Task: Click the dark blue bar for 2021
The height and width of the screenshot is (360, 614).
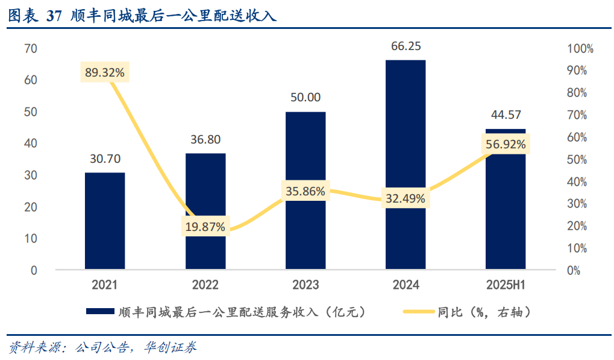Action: (x=105, y=221)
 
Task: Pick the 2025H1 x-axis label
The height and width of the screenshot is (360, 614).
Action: (x=506, y=285)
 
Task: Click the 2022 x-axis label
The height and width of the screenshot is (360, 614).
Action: (x=205, y=285)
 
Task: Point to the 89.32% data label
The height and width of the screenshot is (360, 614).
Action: (x=105, y=72)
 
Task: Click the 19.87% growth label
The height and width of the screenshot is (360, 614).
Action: (x=205, y=227)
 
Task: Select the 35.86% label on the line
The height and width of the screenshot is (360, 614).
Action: (x=305, y=192)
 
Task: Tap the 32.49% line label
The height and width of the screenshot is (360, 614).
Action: (x=406, y=198)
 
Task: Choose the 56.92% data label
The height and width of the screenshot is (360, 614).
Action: (x=506, y=144)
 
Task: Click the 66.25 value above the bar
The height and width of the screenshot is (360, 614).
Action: (x=406, y=46)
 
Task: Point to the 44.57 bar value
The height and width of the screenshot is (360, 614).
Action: (x=506, y=115)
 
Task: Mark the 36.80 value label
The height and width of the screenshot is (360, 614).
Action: (x=205, y=139)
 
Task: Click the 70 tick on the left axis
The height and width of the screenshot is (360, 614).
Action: (x=31, y=49)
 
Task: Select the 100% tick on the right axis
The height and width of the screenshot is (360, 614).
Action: (x=580, y=49)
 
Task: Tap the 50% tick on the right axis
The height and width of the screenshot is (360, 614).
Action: (x=578, y=160)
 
